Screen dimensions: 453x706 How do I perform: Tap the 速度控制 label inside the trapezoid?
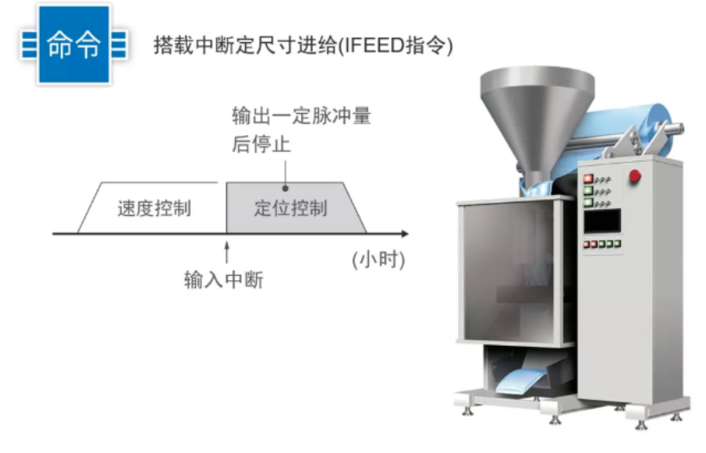(x=154, y=208)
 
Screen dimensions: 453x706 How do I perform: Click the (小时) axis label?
(x=378, y=260)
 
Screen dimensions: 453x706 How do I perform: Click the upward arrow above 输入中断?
(x=226, y=251)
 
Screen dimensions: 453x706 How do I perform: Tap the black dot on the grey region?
(x=285, y=188)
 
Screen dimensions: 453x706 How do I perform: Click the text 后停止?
(x=261, y=144)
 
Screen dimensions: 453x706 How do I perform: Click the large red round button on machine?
(x=635, y=176)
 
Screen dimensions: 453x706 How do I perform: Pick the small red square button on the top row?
(x=587, y=179)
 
